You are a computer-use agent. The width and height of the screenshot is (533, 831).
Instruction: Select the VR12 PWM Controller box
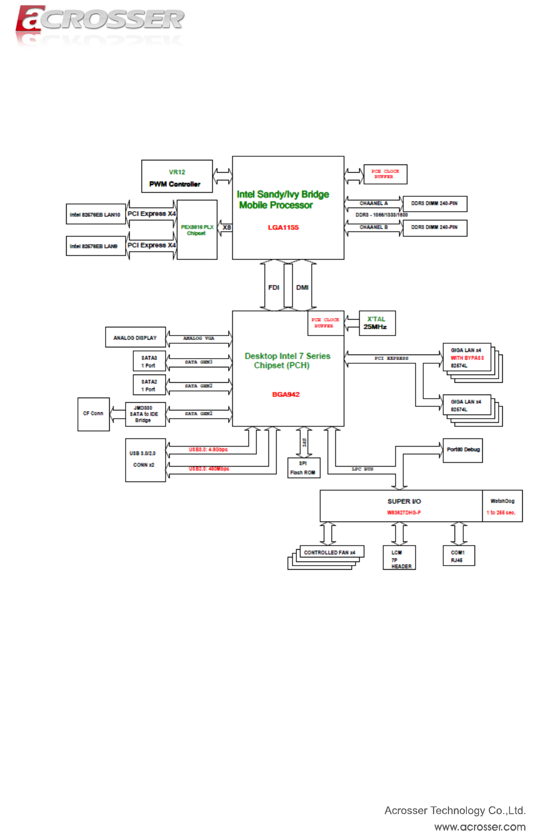point(177,176)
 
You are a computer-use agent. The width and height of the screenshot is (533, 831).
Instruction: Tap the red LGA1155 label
point(283,227)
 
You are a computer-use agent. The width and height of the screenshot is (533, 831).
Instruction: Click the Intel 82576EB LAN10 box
point(96,214)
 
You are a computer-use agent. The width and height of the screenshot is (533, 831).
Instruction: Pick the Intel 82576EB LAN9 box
point(96,246)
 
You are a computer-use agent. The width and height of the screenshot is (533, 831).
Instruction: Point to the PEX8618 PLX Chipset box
point(197,230)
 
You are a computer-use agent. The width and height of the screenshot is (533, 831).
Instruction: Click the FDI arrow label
point(274,287)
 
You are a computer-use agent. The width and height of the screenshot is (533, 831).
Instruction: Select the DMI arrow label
point(302,287)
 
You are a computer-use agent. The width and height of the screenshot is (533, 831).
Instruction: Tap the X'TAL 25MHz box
point(377,323)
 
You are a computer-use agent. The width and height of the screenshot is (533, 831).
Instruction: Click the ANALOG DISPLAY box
point(135,338)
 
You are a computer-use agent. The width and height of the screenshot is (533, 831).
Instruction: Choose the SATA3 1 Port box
point(149,361)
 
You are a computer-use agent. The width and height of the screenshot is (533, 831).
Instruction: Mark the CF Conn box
point(93,414)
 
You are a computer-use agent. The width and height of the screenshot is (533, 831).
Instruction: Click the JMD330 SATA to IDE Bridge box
point(146,414)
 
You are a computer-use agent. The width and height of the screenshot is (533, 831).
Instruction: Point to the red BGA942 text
point(285,394)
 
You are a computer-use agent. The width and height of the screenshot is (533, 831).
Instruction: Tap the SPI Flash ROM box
point(303,468)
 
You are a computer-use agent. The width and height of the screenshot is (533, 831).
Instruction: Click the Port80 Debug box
point(463,450)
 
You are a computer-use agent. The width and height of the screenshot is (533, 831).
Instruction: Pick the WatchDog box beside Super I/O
point(502,506)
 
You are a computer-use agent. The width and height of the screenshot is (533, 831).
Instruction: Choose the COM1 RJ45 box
point(459,556)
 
